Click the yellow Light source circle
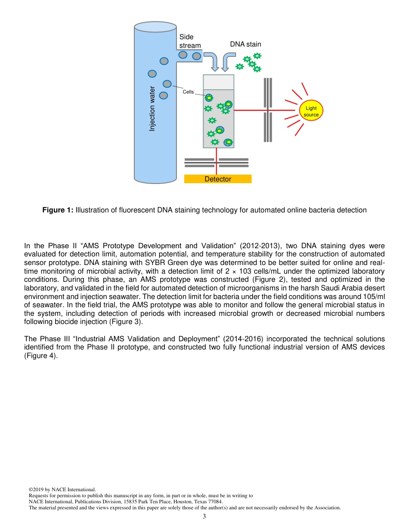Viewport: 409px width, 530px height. click(x=311, y=112)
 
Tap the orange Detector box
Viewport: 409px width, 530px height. click(x=218, y=179)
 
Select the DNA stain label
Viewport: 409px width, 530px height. click(x=245, y=44)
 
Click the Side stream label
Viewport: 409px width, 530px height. click(x=190, y=41)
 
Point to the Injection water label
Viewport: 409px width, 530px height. click(x=152, y=109)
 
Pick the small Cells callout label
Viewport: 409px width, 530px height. click(x=188, y=92)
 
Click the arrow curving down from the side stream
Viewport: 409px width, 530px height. click(x=212, y=61)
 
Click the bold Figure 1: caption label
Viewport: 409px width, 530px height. click(x=58, y=210)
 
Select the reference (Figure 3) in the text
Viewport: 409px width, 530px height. click(x=126, y=322)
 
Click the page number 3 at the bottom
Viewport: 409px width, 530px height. click(x=204, y=516)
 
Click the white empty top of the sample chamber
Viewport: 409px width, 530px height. click(x=219, y=82)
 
